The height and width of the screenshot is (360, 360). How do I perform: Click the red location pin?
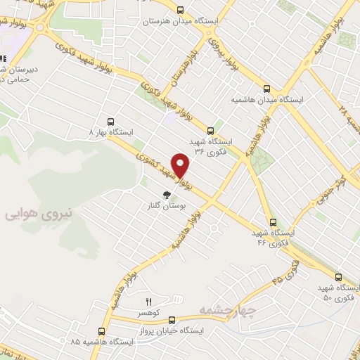[x=181, y=165]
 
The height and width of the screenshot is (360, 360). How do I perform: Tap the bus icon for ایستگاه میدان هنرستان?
[x=181, y=10]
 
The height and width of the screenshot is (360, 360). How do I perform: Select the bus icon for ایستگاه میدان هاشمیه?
[x=266, y=89]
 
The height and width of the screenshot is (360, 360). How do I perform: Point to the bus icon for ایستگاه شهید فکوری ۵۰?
[x=339, y=278]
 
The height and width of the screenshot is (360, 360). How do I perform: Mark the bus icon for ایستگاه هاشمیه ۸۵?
[x=102, y=330]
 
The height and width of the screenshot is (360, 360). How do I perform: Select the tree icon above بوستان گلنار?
[x=167, y=195]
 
